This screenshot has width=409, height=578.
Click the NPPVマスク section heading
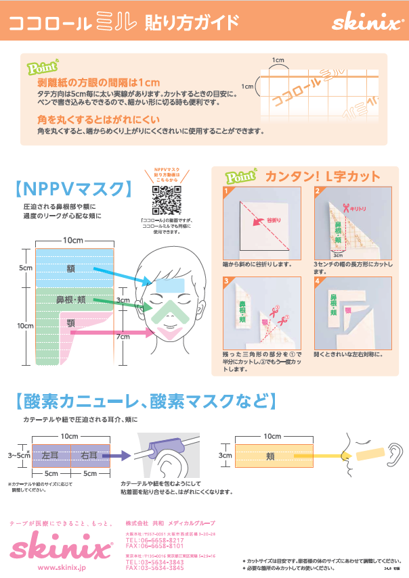[74, 187]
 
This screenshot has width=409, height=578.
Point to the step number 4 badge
[318, 280]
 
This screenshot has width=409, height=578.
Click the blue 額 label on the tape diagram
[70, 268]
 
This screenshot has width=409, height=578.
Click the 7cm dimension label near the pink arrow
[123, 337]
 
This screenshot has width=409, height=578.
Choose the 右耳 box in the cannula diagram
[88, 455]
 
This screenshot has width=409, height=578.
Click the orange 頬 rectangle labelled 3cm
[270, 456]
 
